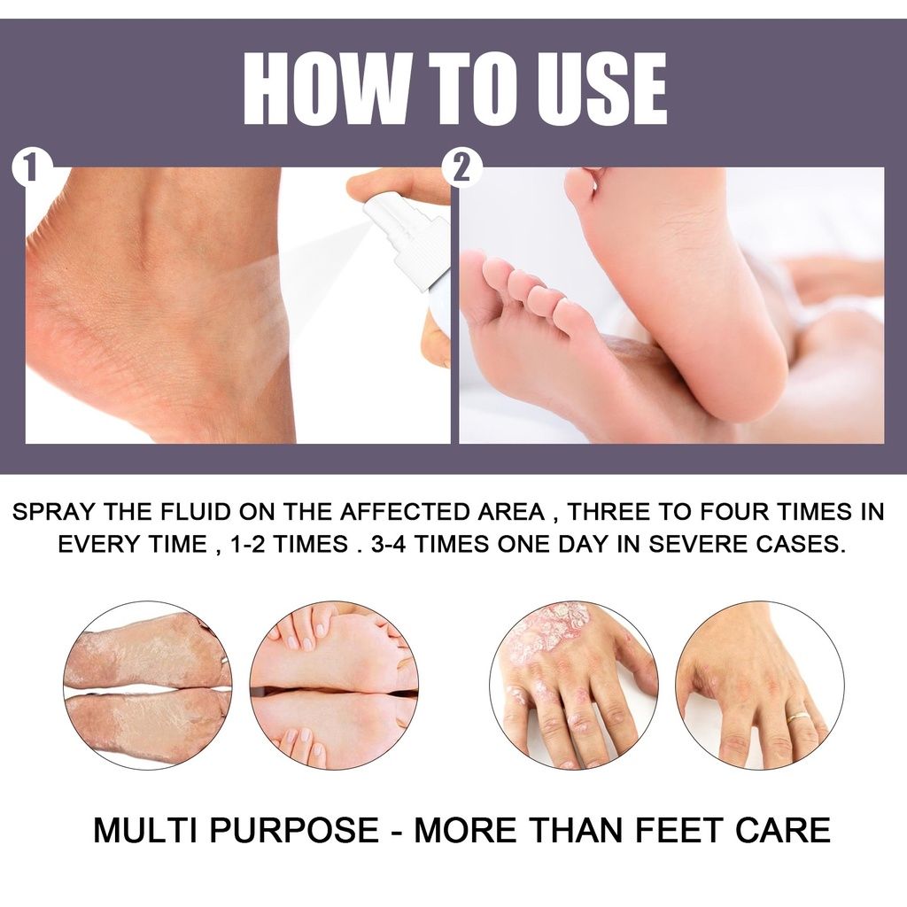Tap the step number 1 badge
coord(30,168)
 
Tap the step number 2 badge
coord(461,168)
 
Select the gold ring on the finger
coord(798,717)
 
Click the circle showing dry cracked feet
coord(148,685)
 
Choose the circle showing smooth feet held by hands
coord(334,685)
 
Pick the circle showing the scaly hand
coord(574,685)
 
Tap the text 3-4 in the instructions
coord(388,545)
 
